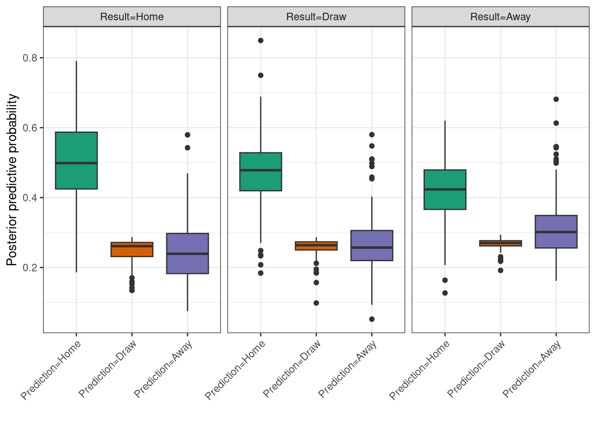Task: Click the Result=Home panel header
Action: click(132, 17)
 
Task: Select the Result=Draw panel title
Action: click(316, 17)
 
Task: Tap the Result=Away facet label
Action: click(500, 17)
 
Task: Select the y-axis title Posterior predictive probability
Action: click(12, 179)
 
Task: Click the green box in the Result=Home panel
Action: click(76, 160)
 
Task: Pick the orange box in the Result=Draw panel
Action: click(316, 246)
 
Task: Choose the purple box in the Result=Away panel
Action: click(556, 232)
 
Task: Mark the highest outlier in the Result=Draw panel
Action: click(261, 40)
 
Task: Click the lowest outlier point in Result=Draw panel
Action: click(372, 319)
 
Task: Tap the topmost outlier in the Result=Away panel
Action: click(556, 99)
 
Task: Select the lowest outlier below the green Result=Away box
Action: click(445, 293)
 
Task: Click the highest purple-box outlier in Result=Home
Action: click(188, 135)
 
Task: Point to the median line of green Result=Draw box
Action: click(261, 170)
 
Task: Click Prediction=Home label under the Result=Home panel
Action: click(51, 370)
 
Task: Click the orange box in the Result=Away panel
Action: click(501, 243)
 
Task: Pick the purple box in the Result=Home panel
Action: click(188, 253)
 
